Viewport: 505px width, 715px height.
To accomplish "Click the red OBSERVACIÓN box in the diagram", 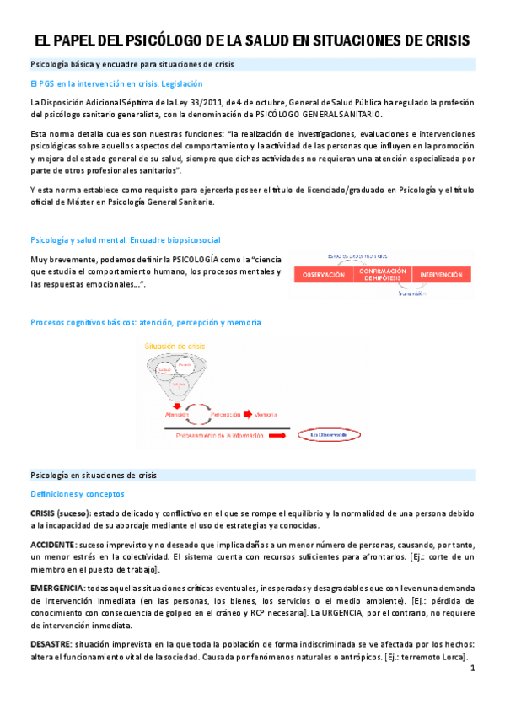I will point(324,275).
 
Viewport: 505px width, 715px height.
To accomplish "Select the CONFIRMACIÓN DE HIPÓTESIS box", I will point(383,275).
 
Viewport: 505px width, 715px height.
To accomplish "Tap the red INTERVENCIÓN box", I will point(441,275).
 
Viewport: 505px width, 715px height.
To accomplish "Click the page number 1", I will point(473,669).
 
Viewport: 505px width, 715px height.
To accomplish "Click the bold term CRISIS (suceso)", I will point(62,513).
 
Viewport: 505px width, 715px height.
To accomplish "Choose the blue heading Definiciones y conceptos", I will point(77,493).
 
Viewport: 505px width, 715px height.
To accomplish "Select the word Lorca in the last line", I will point(452,657).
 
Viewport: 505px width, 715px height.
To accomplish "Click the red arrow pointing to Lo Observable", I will point(295,435).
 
